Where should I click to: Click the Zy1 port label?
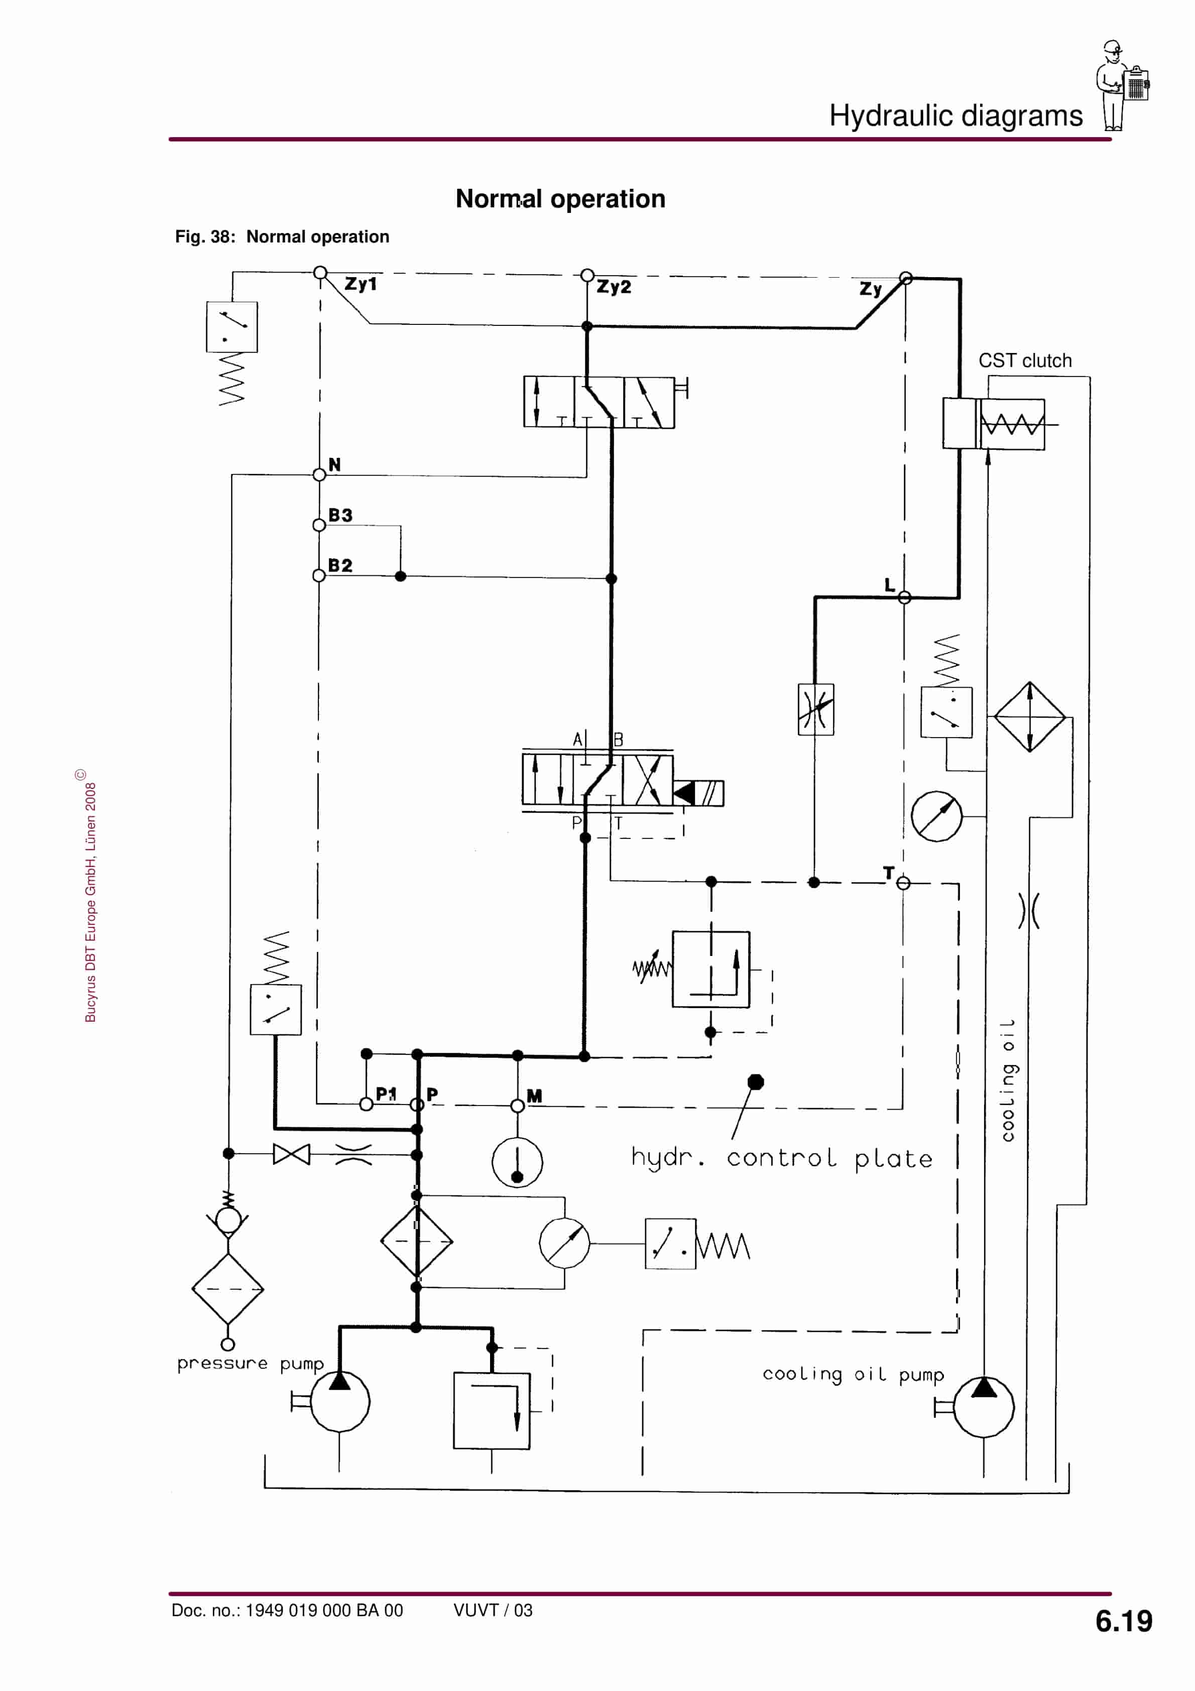coord(361,284)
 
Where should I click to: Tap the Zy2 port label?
coord(613,287)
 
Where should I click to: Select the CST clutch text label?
coord(1024,361)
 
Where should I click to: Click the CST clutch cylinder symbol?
coord(993,424)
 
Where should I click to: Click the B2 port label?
coord(340,566)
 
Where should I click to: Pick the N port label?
coord(334,465)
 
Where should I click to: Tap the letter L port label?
coord(889,585)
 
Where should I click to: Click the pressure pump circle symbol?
coord(339,1402)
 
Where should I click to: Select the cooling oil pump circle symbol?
coord(984,1407)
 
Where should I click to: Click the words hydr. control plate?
coord(781,1158)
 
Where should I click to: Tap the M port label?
coord(534,1096)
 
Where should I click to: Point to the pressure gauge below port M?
coord(517,1162)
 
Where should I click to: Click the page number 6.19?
coord(1123,1621)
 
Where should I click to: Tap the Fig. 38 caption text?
coord(282,237)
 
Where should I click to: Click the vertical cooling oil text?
coord(1008,1080)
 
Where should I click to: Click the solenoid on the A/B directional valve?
coord(699,793)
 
